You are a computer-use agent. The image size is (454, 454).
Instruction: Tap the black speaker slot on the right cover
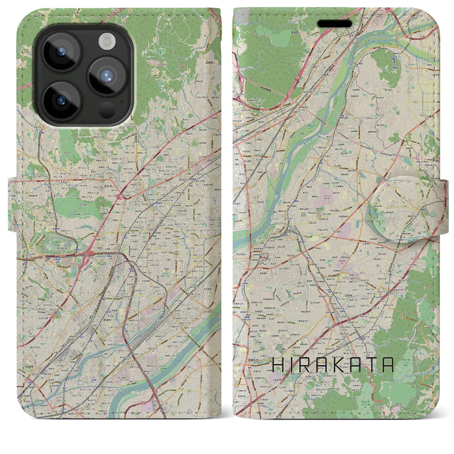[x=334, y=24]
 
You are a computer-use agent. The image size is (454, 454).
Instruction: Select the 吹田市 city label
[x=28, y=366]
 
